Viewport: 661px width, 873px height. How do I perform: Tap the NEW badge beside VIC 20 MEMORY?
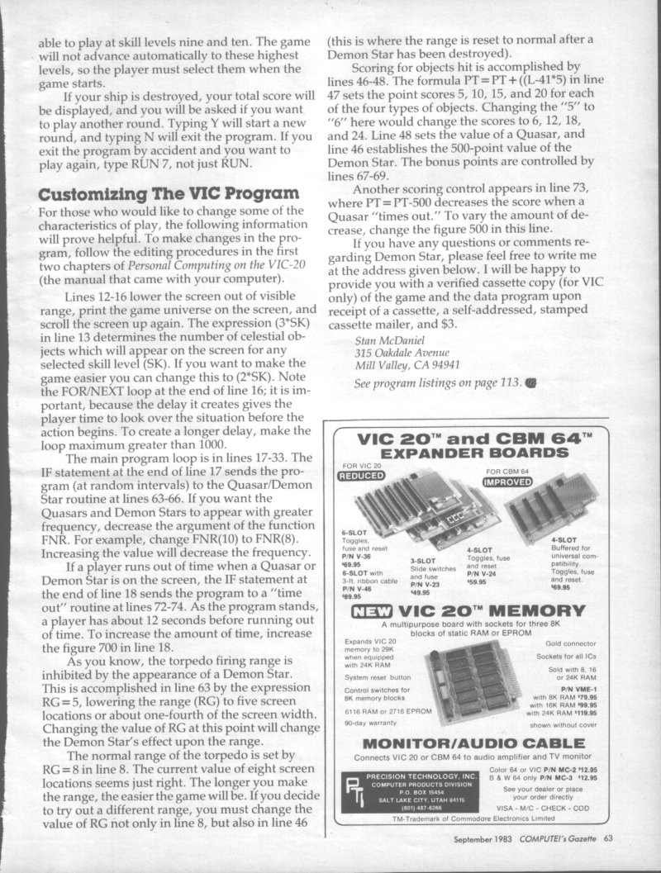pyautogui.click(x=369, y=611)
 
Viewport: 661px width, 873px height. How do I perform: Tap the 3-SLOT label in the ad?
pyautogui.click(x=423, y=561)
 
